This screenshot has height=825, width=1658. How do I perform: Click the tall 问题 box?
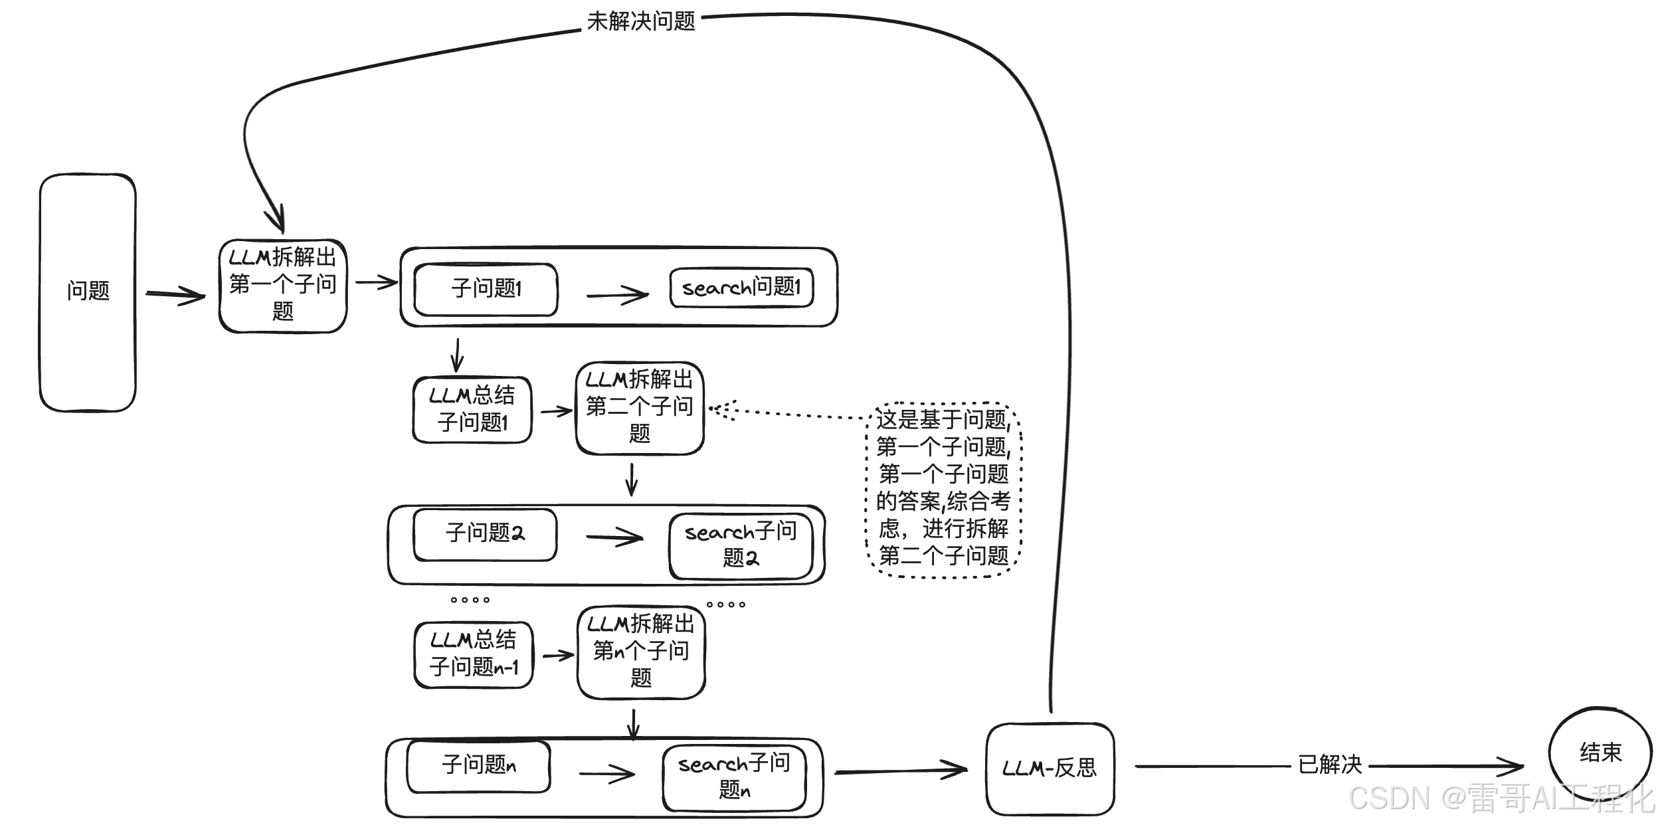point(88,292)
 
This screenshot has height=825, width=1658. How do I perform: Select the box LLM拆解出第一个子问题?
point(283,286)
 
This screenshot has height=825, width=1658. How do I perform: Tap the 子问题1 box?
point(486,289)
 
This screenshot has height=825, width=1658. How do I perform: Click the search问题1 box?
point(741,288)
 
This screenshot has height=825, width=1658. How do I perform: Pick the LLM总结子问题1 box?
point(472,409)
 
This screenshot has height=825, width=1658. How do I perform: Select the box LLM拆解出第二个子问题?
point(639,408)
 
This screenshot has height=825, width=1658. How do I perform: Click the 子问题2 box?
point(485,534)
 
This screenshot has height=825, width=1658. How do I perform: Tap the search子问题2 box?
point(741,545)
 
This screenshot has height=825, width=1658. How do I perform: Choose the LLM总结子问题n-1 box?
point(474,654)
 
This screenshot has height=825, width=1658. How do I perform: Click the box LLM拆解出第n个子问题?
point(641,652)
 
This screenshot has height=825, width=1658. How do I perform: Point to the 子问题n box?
point(478,766)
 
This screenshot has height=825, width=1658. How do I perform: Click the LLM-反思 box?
point(1050,769)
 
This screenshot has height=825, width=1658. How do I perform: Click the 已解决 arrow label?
point(1329,765)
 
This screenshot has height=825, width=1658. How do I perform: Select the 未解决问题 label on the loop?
point(641,21)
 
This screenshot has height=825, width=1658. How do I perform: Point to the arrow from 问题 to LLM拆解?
point(175,295)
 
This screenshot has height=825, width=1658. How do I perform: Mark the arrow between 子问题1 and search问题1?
point(616,295)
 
